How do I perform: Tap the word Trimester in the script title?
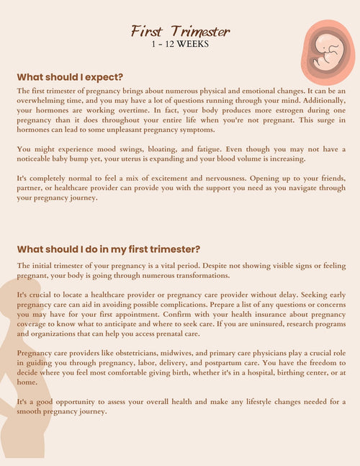point(201,31)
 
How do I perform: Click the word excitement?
point(184,177)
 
